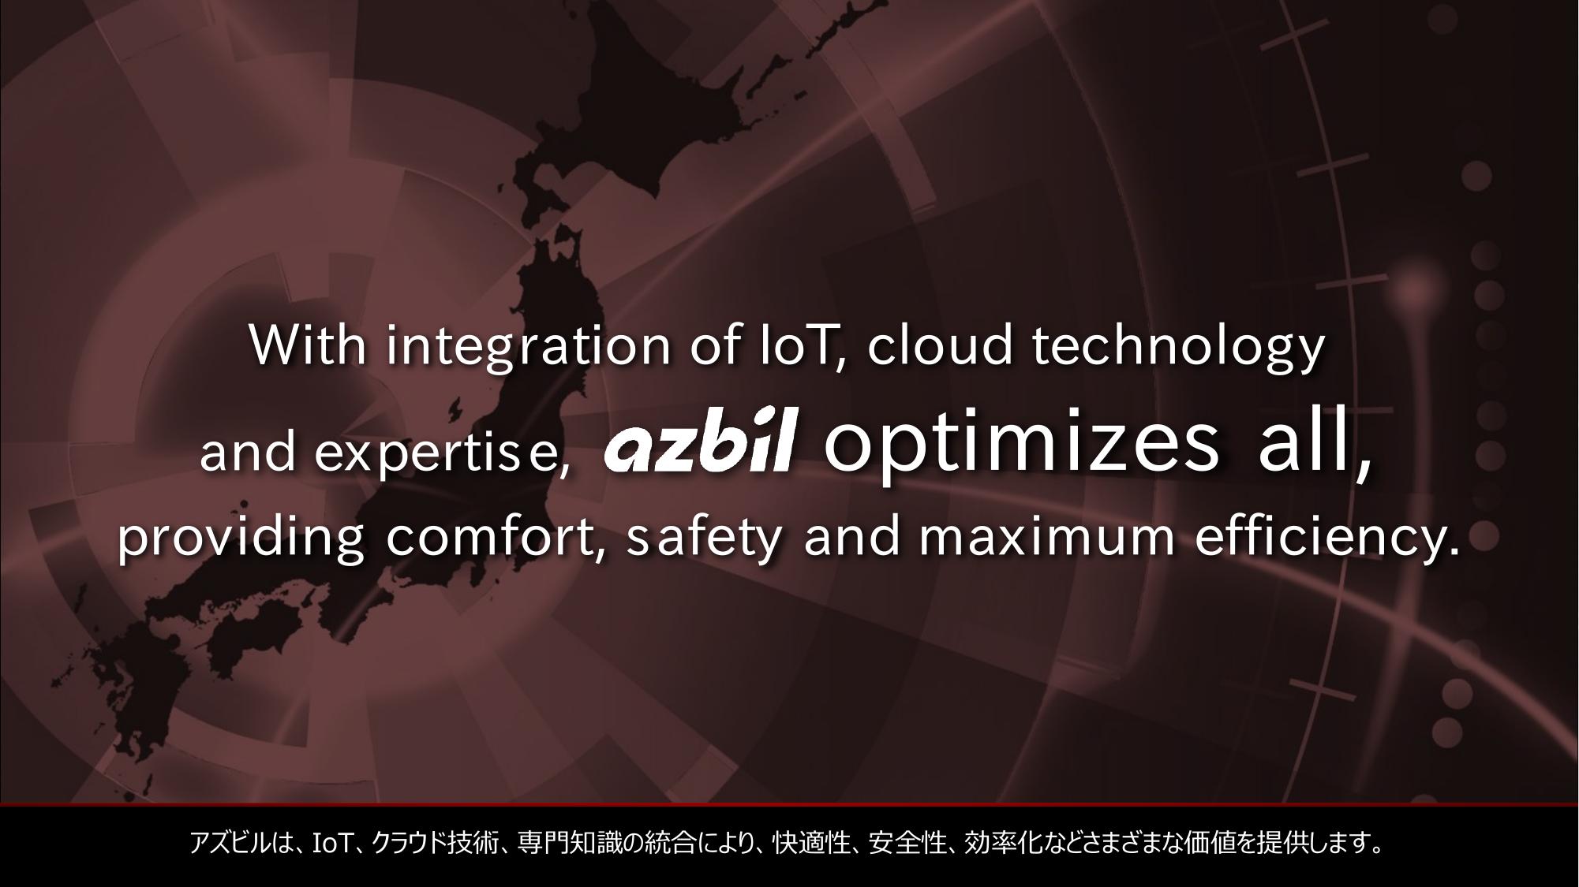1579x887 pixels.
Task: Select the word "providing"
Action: pyautogui.click(x=241, y=538)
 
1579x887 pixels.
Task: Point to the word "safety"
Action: pyautogui.click(x=704, y=539)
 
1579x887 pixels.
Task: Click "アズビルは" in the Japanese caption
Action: pyautogui.click(x=240, y=844)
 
